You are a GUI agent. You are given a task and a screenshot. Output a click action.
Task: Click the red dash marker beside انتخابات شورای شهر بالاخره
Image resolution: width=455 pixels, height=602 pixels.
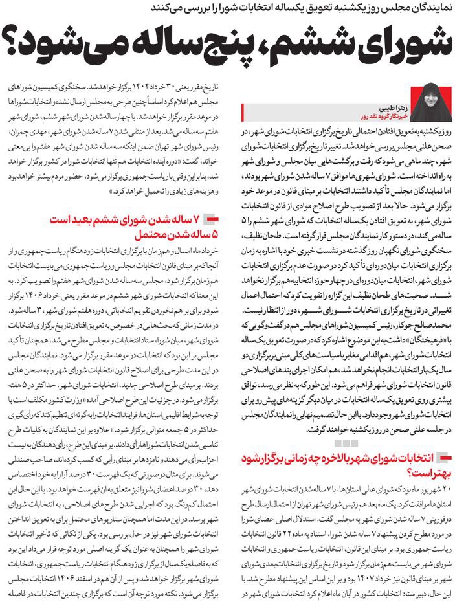point(443,456)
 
